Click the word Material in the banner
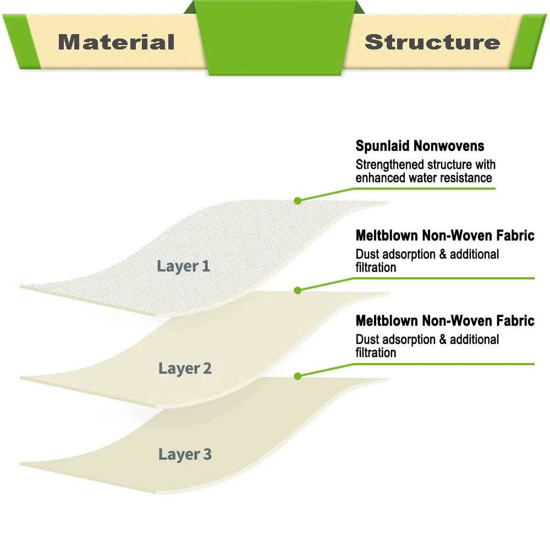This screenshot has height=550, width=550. coord(116,42)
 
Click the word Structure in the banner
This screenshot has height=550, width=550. coord(432,42)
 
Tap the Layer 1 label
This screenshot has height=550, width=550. coord(183,266)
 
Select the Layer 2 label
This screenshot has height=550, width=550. coord(185,369)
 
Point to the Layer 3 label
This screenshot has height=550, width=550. coord(185,455)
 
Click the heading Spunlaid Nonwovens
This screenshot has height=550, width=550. coord(420,146)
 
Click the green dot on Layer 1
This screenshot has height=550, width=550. coord(298,201)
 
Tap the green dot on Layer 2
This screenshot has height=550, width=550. coord(298,290)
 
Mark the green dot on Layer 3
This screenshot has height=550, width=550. coord(298,376)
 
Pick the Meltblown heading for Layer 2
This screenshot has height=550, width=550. coord(445,236)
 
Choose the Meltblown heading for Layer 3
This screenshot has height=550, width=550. coord(445,321)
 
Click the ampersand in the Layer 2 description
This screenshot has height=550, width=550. coord(443,254)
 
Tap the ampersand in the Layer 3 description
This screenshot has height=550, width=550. coord(443,339)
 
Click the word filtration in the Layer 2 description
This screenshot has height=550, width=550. coord(376,268)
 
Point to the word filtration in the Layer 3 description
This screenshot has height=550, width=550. coord(376,353)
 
